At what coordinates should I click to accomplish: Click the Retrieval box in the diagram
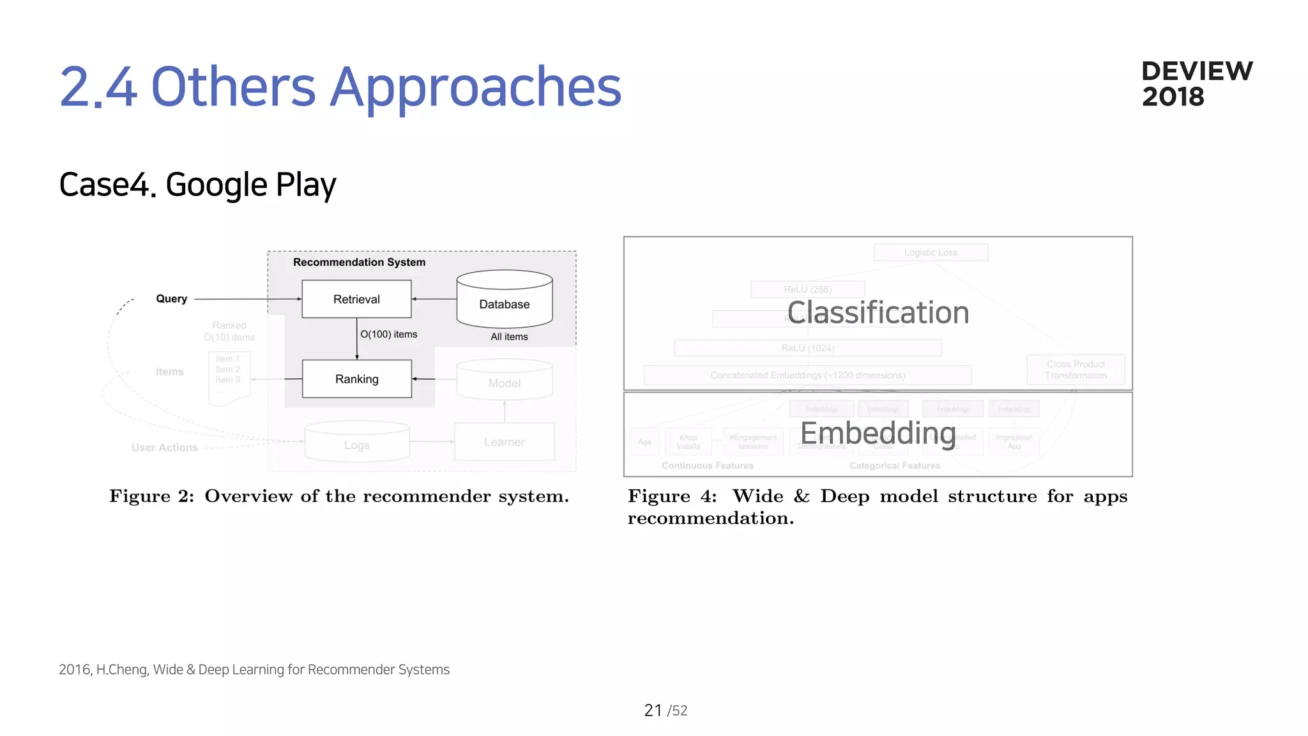click(356, 299)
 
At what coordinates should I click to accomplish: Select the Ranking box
click(356, 379)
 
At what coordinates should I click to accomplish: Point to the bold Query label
click(171, 298)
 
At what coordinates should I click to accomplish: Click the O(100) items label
click(388, 334)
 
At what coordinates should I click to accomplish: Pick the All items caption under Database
click(509, 337)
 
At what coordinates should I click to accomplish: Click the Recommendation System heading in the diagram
click(359, 262)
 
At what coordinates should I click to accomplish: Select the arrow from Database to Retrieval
click(434, 299)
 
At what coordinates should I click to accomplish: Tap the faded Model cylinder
click(505, 381)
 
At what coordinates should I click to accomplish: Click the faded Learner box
click(505, 441)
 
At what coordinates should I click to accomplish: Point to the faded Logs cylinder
click(357, 443)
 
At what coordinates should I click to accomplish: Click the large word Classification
click(878, 312)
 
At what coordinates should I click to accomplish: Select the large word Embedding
click(878, 433)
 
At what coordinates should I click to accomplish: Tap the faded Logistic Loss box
click(931, 252)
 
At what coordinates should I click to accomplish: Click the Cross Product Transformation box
click(1076, 369)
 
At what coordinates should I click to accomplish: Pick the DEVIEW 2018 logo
click(1196, 84)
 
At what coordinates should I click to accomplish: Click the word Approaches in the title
click(475, 87)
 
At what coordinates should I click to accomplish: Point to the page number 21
click(653, 710)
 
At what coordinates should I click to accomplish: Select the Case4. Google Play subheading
click(197, 185)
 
